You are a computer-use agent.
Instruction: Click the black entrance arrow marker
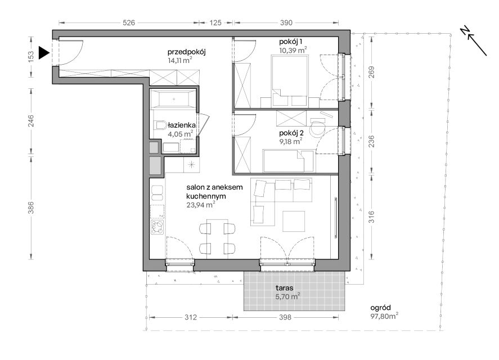click(x=44, y=52)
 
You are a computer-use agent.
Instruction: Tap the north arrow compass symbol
click(x=473, y=40)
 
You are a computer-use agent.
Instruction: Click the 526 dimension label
click(x=129, y=22)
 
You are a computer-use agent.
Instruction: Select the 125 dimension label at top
click(x=215, y=22)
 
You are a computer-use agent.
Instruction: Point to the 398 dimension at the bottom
click(x=285, y=317)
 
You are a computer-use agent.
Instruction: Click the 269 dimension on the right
click(x=371, y=72)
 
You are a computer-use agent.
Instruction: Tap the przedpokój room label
click(x=186, y=52)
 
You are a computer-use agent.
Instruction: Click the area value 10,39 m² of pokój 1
click(x=293, y=50)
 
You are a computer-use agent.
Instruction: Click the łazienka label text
click(x=182, y=125)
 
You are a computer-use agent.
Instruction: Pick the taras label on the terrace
click(x=285, y=288)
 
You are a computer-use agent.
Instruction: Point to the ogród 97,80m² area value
click(x=384, y=316)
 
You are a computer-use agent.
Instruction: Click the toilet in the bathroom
click(x=161, y=125)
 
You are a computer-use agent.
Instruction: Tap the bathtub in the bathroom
click(x=173, y=99)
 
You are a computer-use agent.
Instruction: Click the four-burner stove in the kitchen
click(x=158, y=227)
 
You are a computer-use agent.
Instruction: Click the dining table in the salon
click(x=217, y=238)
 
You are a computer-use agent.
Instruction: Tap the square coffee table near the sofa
click(x=294, y=221)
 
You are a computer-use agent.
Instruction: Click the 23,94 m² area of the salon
click(x=200, y=205)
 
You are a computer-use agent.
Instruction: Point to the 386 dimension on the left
click(x=31, y=208)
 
